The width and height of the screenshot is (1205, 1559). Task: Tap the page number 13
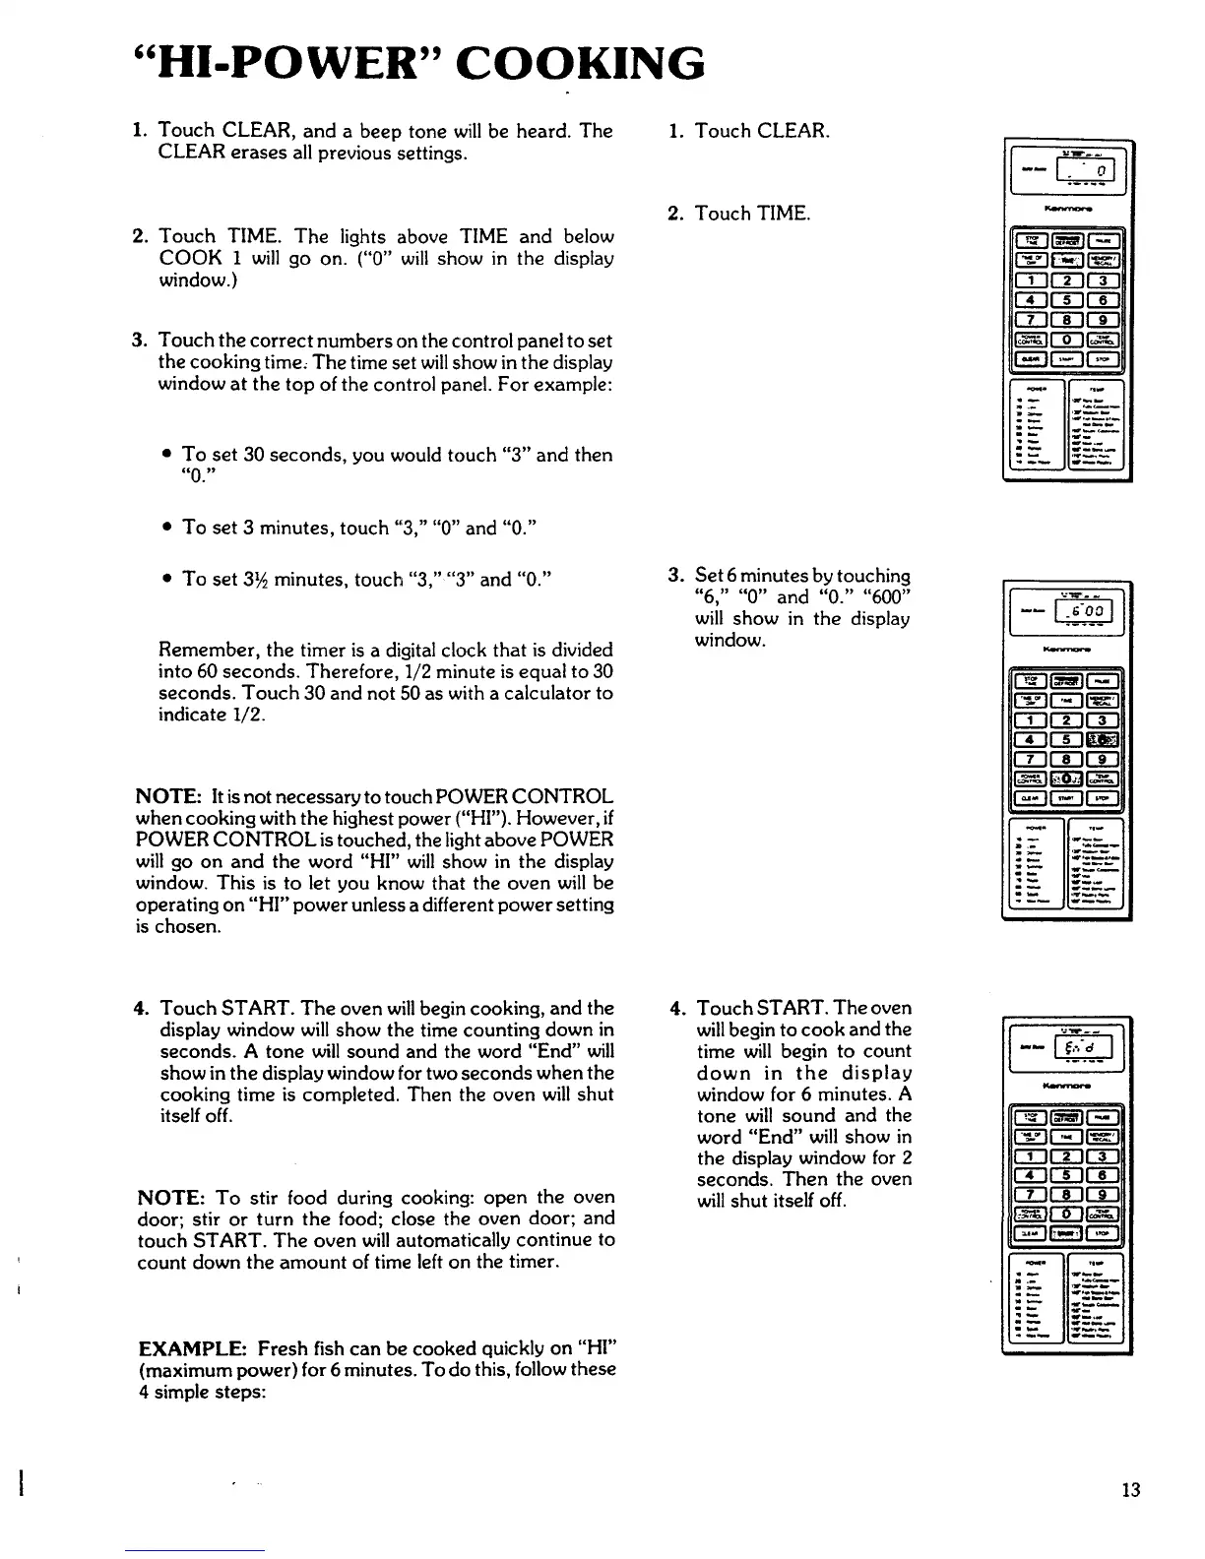click(1130, 1489)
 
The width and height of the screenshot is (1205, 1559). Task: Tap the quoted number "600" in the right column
click(885, 597)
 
